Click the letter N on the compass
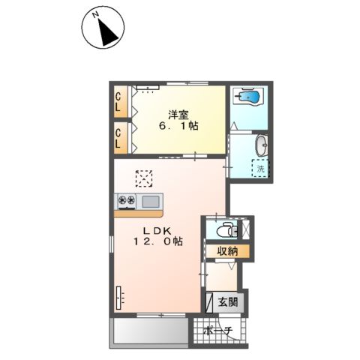[x=95, y=15]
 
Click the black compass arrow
[x=107, y=34]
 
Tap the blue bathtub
[x=248, y=97]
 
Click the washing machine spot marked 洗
[x=260, y=168]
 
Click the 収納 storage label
[x=227, y=251]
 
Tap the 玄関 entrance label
[x=228, y=302]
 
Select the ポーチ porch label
[x=218, y=331]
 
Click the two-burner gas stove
[x=127, y=201]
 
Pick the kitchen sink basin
[x=151, y=202]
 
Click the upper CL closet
[x=121, y=102]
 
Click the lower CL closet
[x=121, y=138]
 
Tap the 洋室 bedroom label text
[x=178, y=115]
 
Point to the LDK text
[x=157, y=230]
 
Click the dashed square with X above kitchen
[x=144, y=178]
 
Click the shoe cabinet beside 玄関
[x=209, y=302]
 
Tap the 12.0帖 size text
[x=158, y=241]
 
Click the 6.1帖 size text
[x=178, y=126]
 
